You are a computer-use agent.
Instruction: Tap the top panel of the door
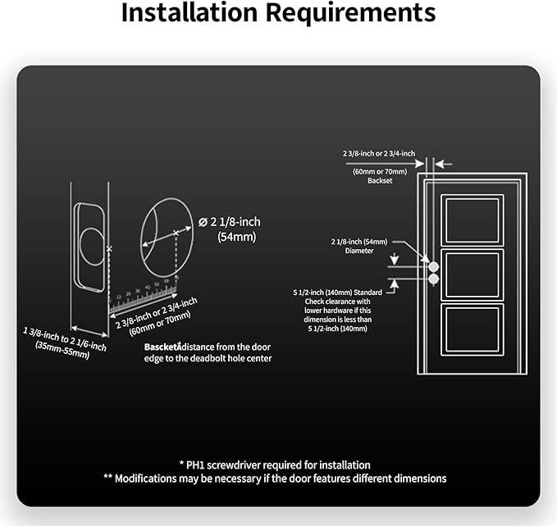[472, 220]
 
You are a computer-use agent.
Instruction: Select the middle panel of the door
[472, 276]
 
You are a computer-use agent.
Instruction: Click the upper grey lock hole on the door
[434, 266]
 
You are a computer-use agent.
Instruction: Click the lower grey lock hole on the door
[434, 279]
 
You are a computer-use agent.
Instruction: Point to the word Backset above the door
[380, 180]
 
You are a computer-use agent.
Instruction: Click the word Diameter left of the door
[381, 252]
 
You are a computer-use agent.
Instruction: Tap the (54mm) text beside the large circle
[237, 237]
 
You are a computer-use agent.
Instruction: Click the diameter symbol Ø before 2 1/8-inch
[203, 221]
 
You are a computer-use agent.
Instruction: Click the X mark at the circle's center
[177, 234]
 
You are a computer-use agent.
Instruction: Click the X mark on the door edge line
[109, 247]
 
